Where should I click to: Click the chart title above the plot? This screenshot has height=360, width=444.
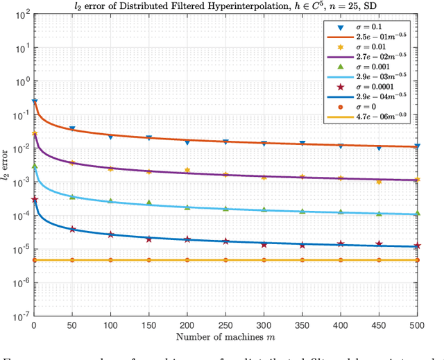(x=225, y=6)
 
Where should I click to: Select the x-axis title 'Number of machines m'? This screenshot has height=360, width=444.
(x=225, y=338)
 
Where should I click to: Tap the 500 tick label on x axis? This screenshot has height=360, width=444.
(x=416, y=325)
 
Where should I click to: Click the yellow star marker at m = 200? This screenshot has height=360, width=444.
(x=187, y=170)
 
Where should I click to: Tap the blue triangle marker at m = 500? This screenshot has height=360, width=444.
(x=416, y=147)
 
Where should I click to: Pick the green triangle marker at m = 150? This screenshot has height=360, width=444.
(x=148, y=203)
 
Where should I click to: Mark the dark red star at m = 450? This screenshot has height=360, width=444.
(x=378, y=243)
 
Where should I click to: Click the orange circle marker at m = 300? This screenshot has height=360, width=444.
(x=264, y=260)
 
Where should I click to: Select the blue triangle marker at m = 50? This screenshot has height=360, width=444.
(x=72, y=129)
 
